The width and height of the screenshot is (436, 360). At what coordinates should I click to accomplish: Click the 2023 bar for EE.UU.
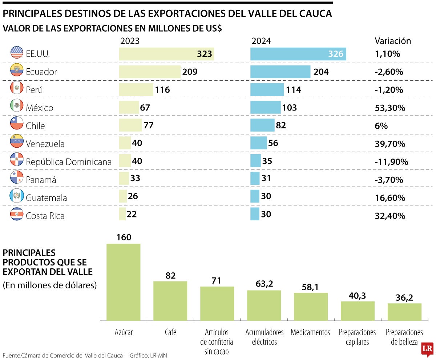point(166,54)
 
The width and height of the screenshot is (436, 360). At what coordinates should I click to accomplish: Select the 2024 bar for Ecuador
point(280,72)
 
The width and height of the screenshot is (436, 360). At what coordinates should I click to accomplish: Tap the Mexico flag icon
point(17,106)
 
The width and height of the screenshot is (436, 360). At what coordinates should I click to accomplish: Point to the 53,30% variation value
point(390,108)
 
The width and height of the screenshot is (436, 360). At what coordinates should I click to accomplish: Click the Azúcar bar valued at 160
point(123,282)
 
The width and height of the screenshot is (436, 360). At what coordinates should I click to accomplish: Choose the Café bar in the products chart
point(170,301)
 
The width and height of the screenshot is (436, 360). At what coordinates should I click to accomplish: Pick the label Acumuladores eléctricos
point(264,337)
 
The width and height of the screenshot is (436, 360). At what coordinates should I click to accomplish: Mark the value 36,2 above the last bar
point(404,297)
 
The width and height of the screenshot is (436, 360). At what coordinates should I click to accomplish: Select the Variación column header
point(392,41)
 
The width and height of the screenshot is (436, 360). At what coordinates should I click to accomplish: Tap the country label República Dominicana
point(69,162)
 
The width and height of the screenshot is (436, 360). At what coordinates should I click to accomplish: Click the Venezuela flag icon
point(17,141)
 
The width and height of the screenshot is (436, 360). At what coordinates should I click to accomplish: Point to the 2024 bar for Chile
point(262,125)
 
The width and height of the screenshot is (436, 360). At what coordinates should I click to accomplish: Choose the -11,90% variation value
point(391,162)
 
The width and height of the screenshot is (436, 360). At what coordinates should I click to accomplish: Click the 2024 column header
point(261,41)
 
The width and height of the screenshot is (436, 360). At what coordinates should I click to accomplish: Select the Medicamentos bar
point(311,307)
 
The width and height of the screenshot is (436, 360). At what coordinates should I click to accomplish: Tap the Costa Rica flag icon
point(17,213)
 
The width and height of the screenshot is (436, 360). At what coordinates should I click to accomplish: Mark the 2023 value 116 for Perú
point(162,89)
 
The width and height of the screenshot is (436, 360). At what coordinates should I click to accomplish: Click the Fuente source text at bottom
point(62,355)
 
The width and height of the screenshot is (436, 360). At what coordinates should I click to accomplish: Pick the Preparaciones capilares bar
point(358,311)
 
